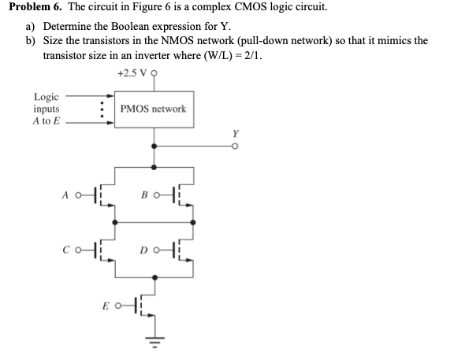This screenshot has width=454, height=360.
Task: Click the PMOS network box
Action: (154, 109)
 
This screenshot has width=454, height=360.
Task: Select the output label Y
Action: (233, 133)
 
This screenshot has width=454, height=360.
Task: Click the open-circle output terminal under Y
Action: (233, 146)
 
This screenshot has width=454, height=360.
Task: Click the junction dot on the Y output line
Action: (154, 146)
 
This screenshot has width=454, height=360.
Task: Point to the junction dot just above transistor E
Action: (154, 278)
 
